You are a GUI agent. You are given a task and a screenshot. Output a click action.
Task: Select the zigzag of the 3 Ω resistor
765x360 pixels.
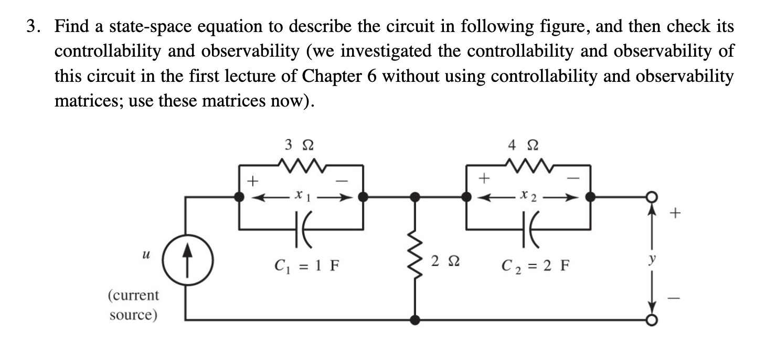[300, 167]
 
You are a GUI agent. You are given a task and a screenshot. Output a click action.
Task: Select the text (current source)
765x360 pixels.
[133, 305]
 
